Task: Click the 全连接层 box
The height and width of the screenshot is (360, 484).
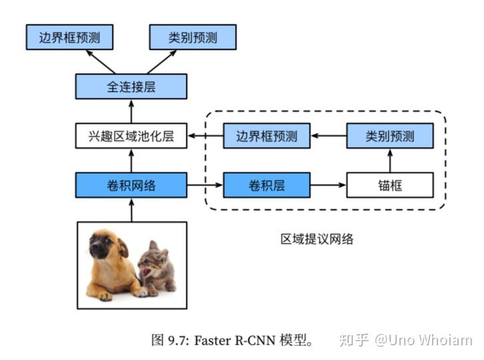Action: tap(131, 87)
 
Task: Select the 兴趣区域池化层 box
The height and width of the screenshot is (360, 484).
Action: tap(131, 136)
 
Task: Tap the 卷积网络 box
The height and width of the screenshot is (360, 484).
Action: tap(131, 186)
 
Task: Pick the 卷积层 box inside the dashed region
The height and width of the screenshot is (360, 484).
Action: tap(266, 186)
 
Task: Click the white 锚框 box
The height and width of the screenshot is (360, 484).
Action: tap(389, 186)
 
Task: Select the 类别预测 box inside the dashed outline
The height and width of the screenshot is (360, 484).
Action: tap(389, 136)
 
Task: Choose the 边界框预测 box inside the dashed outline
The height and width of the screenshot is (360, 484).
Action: tap(266, 136)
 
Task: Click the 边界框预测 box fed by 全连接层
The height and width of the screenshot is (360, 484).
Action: tap(70, 37)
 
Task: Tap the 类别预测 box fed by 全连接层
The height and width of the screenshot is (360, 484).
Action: tap(192, 37)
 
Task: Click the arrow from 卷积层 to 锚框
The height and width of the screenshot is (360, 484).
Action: tap(328, 186)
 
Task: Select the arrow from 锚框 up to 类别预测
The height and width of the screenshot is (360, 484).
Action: tap(389, 161)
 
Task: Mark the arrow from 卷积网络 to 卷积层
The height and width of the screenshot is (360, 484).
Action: tap(205, 186)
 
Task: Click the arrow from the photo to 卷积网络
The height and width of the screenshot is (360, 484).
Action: tap(131, 210)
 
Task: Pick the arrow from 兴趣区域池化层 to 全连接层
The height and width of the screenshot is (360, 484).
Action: tap(131, 112)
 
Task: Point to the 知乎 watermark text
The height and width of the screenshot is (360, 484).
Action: tap(353, 340)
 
